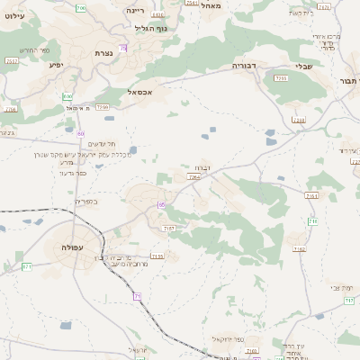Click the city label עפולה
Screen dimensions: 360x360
(x=71, y=246)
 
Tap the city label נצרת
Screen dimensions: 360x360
(x=103, y=54)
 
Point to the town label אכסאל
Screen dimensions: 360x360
(x=146, y=92)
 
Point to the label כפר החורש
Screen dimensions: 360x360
(x=22, y=50)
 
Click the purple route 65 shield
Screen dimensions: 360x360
(x=161, y=205)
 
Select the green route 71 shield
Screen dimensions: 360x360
(x=27, y=266)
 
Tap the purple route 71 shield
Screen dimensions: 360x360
(x=138, y=295)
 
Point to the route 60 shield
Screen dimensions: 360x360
(x=81, y=133)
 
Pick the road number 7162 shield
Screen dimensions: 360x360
(x=312, y=195)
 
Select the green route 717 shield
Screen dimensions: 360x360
(x=312, y=220)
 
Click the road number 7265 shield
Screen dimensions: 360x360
(x=193, y=177)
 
